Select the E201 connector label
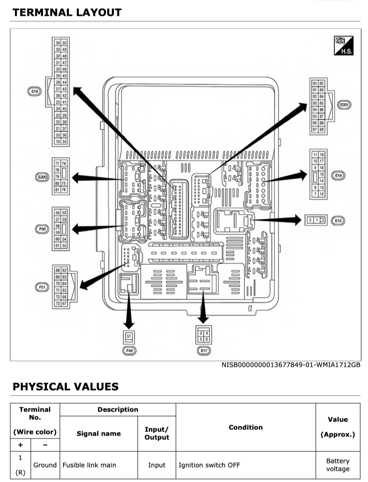(344, 105)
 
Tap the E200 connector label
(42, 177)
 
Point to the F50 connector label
(42, 228)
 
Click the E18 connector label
(339, 176)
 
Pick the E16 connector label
(339, 221)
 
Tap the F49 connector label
(129, 351)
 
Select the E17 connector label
(203, 351)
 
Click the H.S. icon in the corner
(342, 46)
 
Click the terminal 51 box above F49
(129, 337)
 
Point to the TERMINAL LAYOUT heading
(67, 12)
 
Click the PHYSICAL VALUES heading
(66, 387)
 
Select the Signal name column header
(99, 434)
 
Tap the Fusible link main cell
(89, 465)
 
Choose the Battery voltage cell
(338, 465)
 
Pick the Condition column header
(246, 427)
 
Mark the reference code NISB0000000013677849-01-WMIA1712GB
(291, 365)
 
